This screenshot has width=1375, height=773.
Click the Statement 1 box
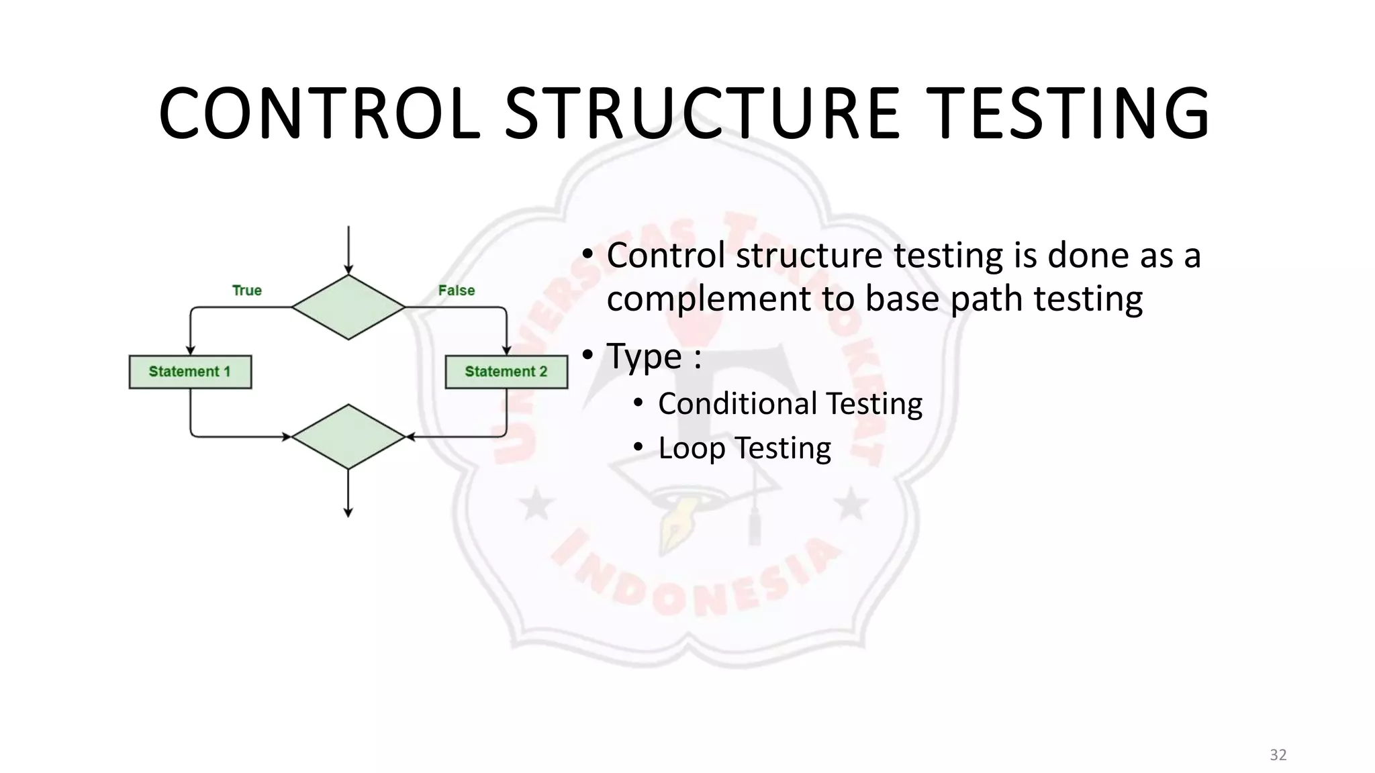[x=190, y=372]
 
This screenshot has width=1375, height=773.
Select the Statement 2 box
[x=506, y=372]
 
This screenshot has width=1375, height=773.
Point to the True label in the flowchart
[x=246, y=291]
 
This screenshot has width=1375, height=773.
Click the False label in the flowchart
[x=457, y=291]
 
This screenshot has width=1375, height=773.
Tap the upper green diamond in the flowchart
[x=348, y=307]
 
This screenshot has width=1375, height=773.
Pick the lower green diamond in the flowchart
[x=348, y=437]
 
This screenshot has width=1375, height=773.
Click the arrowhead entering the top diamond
[x=348, y=270]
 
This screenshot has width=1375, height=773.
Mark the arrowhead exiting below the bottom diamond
[x=348, y=513]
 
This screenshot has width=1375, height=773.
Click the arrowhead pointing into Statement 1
[x=191, y=350]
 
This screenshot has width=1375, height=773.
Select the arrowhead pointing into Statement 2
[x=507, y=350]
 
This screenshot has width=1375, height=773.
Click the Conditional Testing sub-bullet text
[x=790, y=404]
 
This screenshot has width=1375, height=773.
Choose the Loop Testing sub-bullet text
[x=744, y=448]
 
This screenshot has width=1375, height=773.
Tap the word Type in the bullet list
[x=645, y=356]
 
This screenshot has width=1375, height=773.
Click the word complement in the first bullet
[x=708, y=299]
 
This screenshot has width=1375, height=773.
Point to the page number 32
[x=1278, y=755]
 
